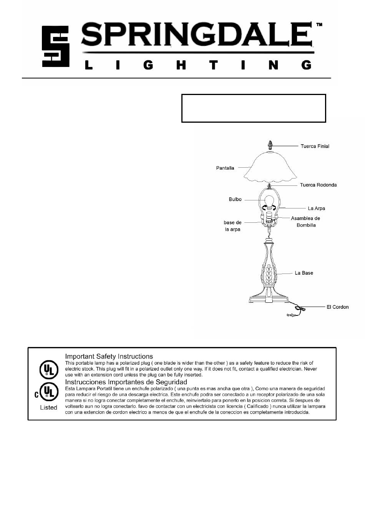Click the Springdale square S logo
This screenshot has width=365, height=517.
pos(55,46)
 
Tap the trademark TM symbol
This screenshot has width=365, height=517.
pos(319,25)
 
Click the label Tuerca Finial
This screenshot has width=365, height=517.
pos(315,146)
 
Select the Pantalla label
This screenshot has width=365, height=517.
pos(225,168)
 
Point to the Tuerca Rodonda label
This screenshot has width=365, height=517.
pos(318,185)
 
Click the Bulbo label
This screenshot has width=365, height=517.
pos(235,199)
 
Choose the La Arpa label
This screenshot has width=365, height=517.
pos(316,208)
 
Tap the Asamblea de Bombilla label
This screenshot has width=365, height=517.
pos(305,222)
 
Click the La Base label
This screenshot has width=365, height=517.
pos(304,273)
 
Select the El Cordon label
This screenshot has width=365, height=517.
pos(337,307)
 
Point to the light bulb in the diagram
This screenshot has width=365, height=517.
pos(269,202)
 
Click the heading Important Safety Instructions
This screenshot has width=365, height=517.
pos(109,357)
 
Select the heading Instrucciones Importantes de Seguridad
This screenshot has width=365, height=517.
pos(126,382)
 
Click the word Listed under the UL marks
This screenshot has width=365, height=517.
pos(48,407)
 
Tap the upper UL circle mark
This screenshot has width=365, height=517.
pos(48,370)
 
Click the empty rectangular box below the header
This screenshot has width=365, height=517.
pos(254,108)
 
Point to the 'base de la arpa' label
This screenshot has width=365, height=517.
pos(232,226)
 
